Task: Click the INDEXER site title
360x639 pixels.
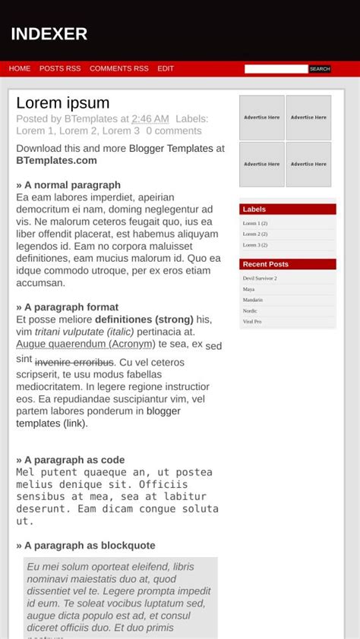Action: tap(49, 34)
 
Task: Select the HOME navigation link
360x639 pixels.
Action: tap(20, 68)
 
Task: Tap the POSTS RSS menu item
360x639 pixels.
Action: tap(60, 68)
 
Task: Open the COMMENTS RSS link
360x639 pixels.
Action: tap(119, 68)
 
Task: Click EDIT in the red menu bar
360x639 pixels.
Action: tap(166, 68)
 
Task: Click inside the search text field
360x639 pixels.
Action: tap(276, 69)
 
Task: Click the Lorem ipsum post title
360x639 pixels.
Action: tap(63, 103)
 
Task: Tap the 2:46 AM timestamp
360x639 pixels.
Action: tap(150, 119)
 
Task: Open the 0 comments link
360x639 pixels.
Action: tap(174, 131)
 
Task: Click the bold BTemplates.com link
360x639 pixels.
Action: tap(56, 160)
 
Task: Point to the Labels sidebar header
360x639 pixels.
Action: tap(254, 209)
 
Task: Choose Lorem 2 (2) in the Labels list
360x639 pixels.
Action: tap(255, 234)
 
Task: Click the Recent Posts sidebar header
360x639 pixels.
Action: tap(266, 264)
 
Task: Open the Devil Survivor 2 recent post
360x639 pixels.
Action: tap(260, 279)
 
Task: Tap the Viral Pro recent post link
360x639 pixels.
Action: tap(252, 322)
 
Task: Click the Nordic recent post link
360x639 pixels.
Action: tap(250, 311)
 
